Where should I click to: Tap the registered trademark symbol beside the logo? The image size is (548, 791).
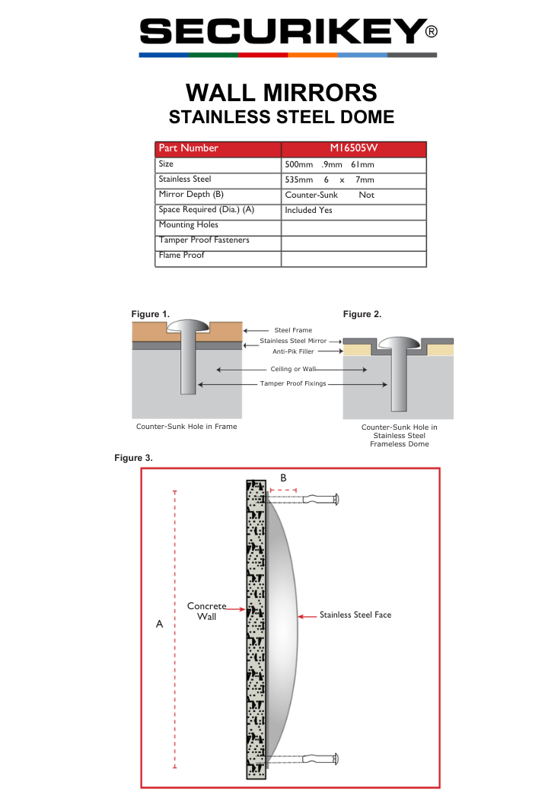(x=431, y=32)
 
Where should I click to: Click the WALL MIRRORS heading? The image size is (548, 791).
(x=281, y=93)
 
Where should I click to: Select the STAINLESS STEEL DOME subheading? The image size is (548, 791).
(x=281, y=117)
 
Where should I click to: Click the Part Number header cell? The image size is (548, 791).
(x=188, y=148)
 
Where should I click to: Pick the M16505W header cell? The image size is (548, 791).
(x=353, y=148)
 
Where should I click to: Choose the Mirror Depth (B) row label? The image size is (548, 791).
(x=190, y=195)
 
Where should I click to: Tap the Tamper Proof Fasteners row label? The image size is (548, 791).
(x=203, y=240)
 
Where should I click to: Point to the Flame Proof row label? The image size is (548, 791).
(x=181, y=256)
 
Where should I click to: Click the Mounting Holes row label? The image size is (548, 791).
(x=188, y=225)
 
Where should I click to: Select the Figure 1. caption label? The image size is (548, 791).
(x=150, y=314)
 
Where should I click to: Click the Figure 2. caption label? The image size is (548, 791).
(x=362, y=314)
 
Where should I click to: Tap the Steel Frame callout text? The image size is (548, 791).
(x=293, y=330)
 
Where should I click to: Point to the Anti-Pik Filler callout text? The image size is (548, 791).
(x=293, y=351)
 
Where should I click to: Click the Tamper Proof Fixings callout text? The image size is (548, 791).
(x=293, y=384)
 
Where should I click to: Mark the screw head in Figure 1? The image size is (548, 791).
(x=187, y=326)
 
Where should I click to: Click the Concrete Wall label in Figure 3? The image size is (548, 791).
(x=207, y=611)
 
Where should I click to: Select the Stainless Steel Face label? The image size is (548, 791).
(x=355, y=615)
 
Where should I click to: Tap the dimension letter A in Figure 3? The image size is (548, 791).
(x=159, y=624)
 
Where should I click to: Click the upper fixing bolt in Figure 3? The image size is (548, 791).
(x=320, y=500)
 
